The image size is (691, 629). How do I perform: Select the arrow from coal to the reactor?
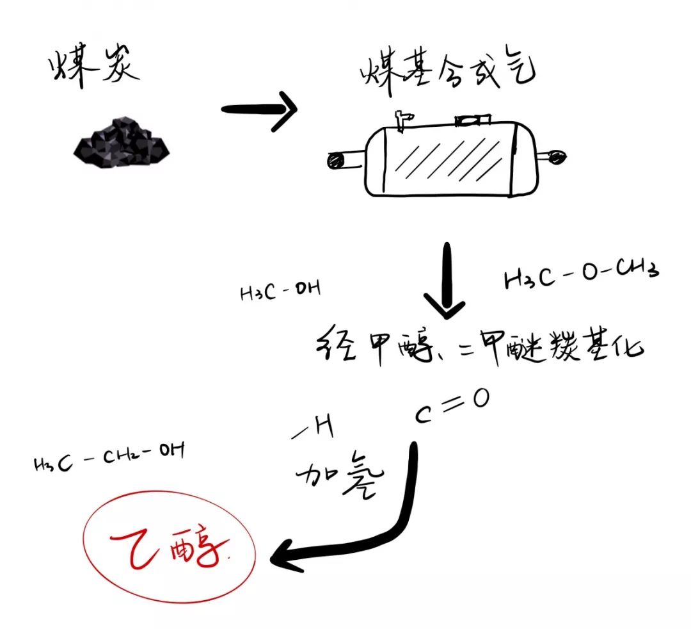[259, 110]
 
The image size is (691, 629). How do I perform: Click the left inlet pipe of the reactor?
[344, 161]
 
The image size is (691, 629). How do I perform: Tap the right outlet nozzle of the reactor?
[553, 156]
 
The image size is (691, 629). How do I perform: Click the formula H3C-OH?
[280, 291]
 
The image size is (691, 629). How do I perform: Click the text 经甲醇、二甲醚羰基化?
[479, 350]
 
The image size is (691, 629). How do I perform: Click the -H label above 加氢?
[314, 430]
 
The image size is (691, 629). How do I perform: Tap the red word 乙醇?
[169, 546]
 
